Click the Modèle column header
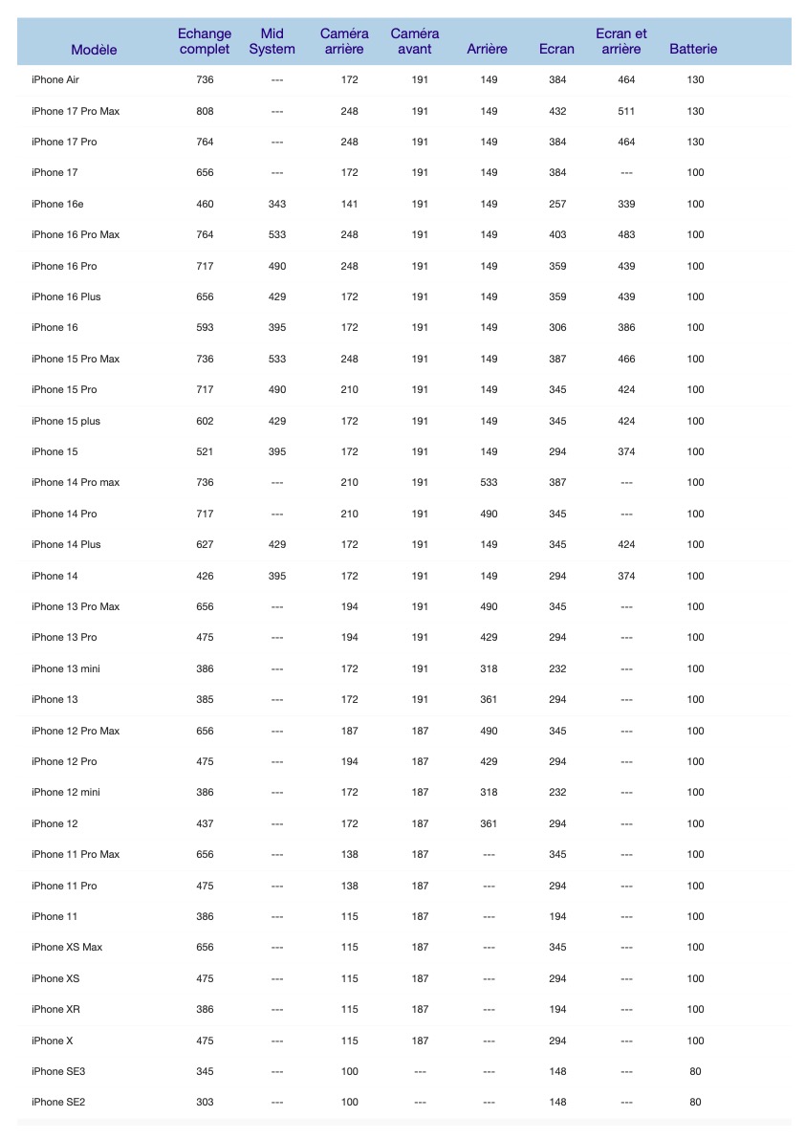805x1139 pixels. point(94,50)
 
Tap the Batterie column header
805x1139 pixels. point(693,50)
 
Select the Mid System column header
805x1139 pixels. point(272,41)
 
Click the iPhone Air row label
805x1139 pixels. point(55,80)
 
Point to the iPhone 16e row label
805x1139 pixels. point(57,204)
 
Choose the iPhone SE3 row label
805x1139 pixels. point(57,1071)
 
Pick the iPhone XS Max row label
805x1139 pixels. point(67,947)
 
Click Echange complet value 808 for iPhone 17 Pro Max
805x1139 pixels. point(205,111)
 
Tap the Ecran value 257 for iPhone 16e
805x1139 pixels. point(557,204)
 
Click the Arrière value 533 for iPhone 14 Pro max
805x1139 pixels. point(489,483)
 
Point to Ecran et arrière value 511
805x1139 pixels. point(626,111)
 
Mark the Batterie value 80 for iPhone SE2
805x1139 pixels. point(695,1103)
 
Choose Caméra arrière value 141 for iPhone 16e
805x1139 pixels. point(349,204)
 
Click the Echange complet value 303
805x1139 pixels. point(205,1103)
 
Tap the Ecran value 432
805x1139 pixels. point(557,111)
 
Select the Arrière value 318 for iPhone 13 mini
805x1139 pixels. point(489,668)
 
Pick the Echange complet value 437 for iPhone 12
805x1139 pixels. point(205,823)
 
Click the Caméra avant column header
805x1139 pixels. point(415,41)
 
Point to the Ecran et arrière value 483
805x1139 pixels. point(626,234)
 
